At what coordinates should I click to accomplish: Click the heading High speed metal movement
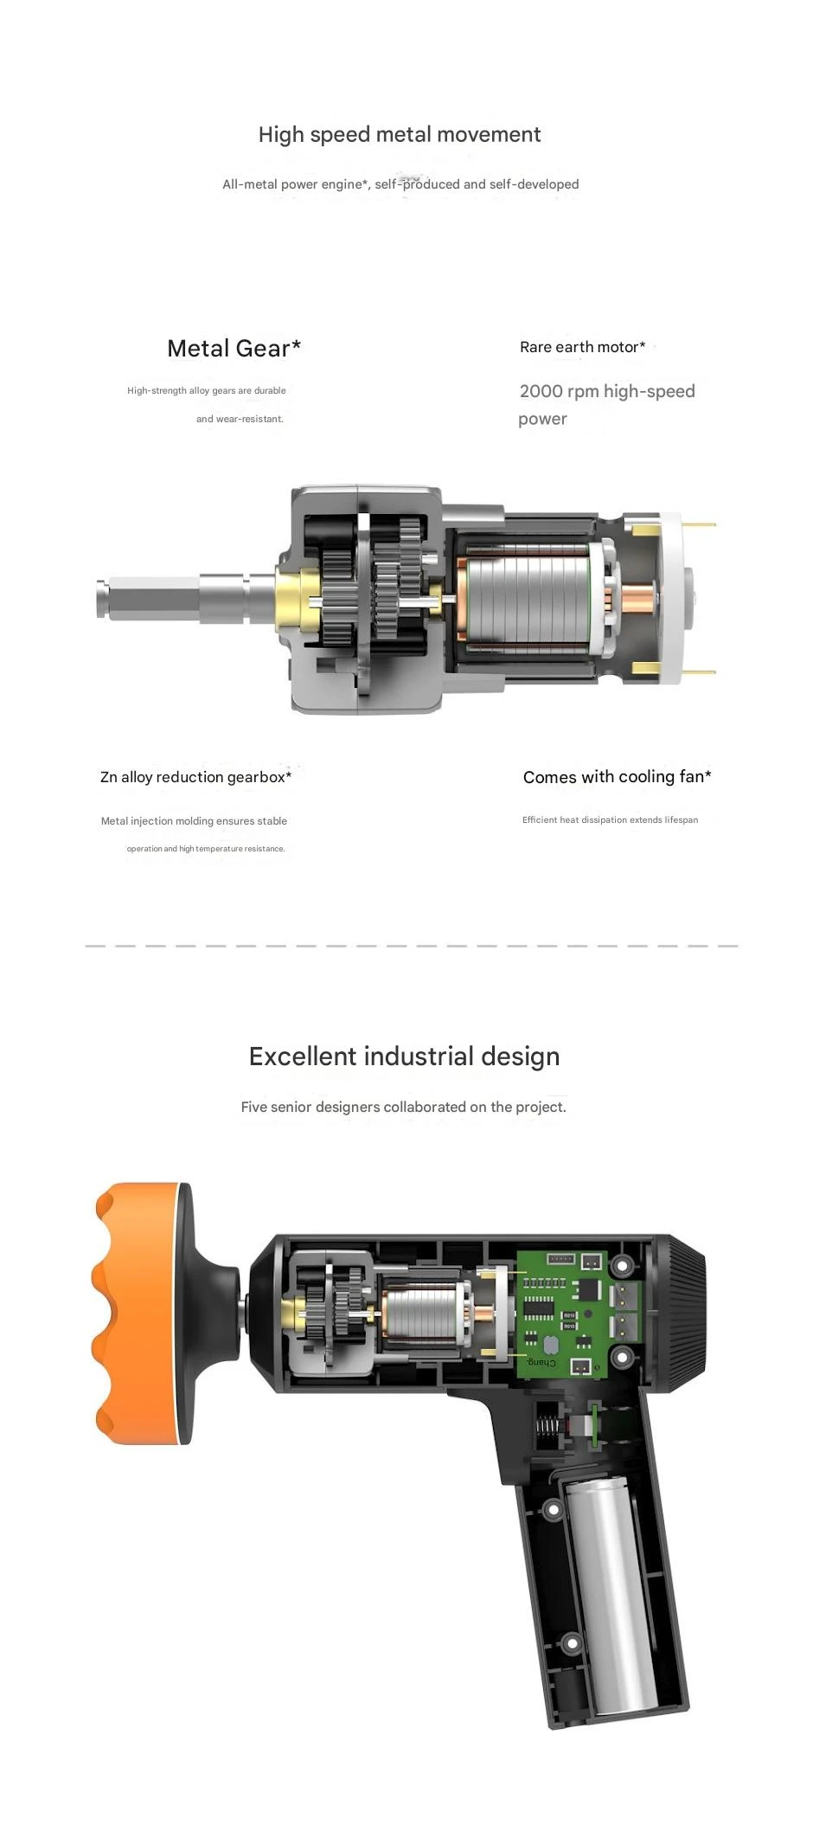click(x=399, y=135)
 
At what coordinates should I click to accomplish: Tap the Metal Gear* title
click(x=234, y=348)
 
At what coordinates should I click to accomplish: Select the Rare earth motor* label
click(x=582, y=347)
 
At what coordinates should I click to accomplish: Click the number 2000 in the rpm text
click(x=541, y=391)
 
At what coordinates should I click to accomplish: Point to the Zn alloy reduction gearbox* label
click(x=195, y=777)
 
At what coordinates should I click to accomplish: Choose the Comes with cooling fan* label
click(x=617, y=777)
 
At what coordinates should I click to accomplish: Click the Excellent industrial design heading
click(x=404, y=1057)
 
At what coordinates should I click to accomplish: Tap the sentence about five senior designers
click(x=403, y=1107)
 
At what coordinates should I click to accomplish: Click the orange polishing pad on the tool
click(x=130, y=1313)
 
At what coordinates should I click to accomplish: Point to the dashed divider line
click(x=411, y=946)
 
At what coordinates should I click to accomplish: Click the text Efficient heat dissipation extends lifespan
click(x=610, y=820)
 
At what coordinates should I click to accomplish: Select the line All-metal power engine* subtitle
click(x=400, y=184)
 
